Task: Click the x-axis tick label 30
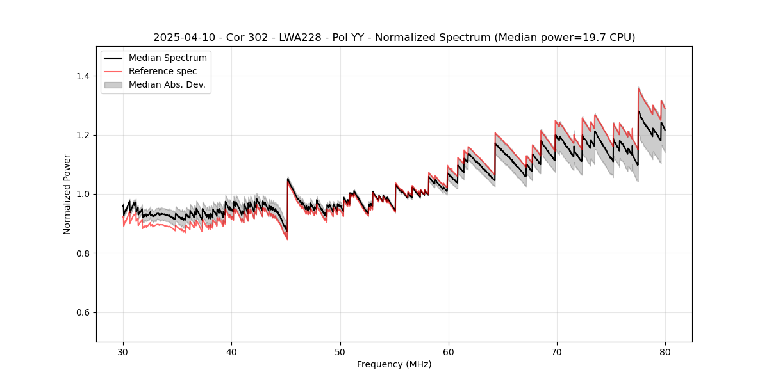123,351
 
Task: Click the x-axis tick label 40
231,351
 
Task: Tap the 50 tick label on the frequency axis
340,351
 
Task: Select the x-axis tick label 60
448,351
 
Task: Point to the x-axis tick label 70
556,351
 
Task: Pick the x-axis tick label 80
665,351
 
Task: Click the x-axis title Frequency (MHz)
394,364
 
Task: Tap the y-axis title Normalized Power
67,194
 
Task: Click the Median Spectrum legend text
167,58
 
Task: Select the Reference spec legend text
163,71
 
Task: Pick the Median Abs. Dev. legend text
167,84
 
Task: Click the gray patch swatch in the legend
114,84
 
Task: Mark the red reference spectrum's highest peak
638,88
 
